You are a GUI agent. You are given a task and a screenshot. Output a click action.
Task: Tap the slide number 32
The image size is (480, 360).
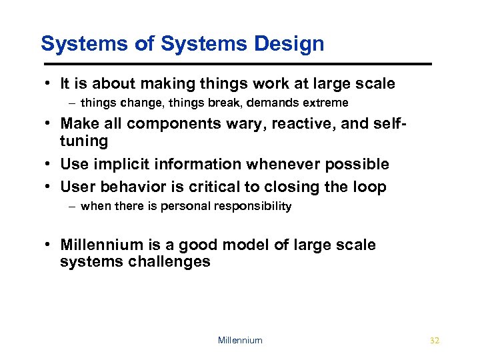[435, 340]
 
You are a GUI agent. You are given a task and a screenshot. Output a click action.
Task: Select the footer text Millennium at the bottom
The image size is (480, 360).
[240, 340]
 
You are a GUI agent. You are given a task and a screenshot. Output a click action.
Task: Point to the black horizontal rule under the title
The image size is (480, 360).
[237, 64]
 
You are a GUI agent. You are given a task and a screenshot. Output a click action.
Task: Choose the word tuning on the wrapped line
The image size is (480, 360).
[84, 141]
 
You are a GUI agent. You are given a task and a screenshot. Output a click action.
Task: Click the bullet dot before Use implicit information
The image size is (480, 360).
[49, 164]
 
